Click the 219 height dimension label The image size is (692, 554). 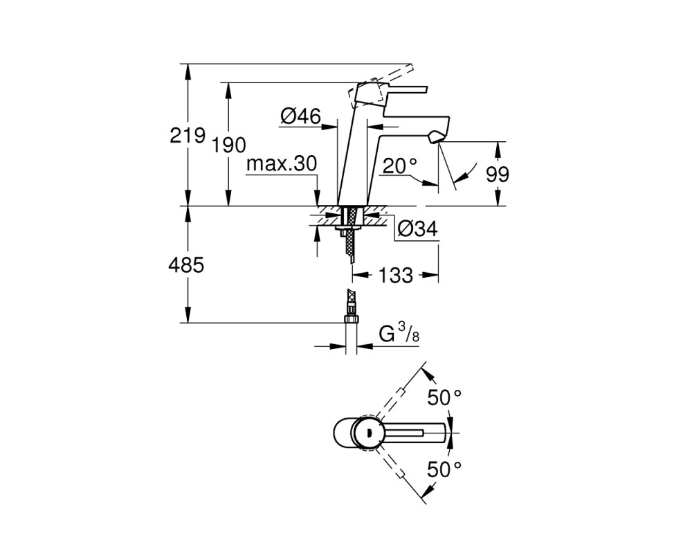(x=188, y=135)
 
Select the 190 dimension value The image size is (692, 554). (x=228, y=145)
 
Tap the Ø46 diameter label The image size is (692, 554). (x=300, y=116)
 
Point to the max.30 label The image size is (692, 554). (x=282, y=164)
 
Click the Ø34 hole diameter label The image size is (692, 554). (x=417, y=229)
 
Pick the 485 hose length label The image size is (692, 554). (x=186, y=265)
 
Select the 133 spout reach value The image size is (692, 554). (x=396, y=275)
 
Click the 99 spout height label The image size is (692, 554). (x=498, y=175)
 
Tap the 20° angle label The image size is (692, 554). (x=400, y=166)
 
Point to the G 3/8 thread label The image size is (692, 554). (x=399, y=332)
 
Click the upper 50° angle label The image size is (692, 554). (x=444, y=397)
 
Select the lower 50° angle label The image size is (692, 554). (x=444, y=470)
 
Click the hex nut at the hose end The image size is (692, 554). (x=352, y=319)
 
